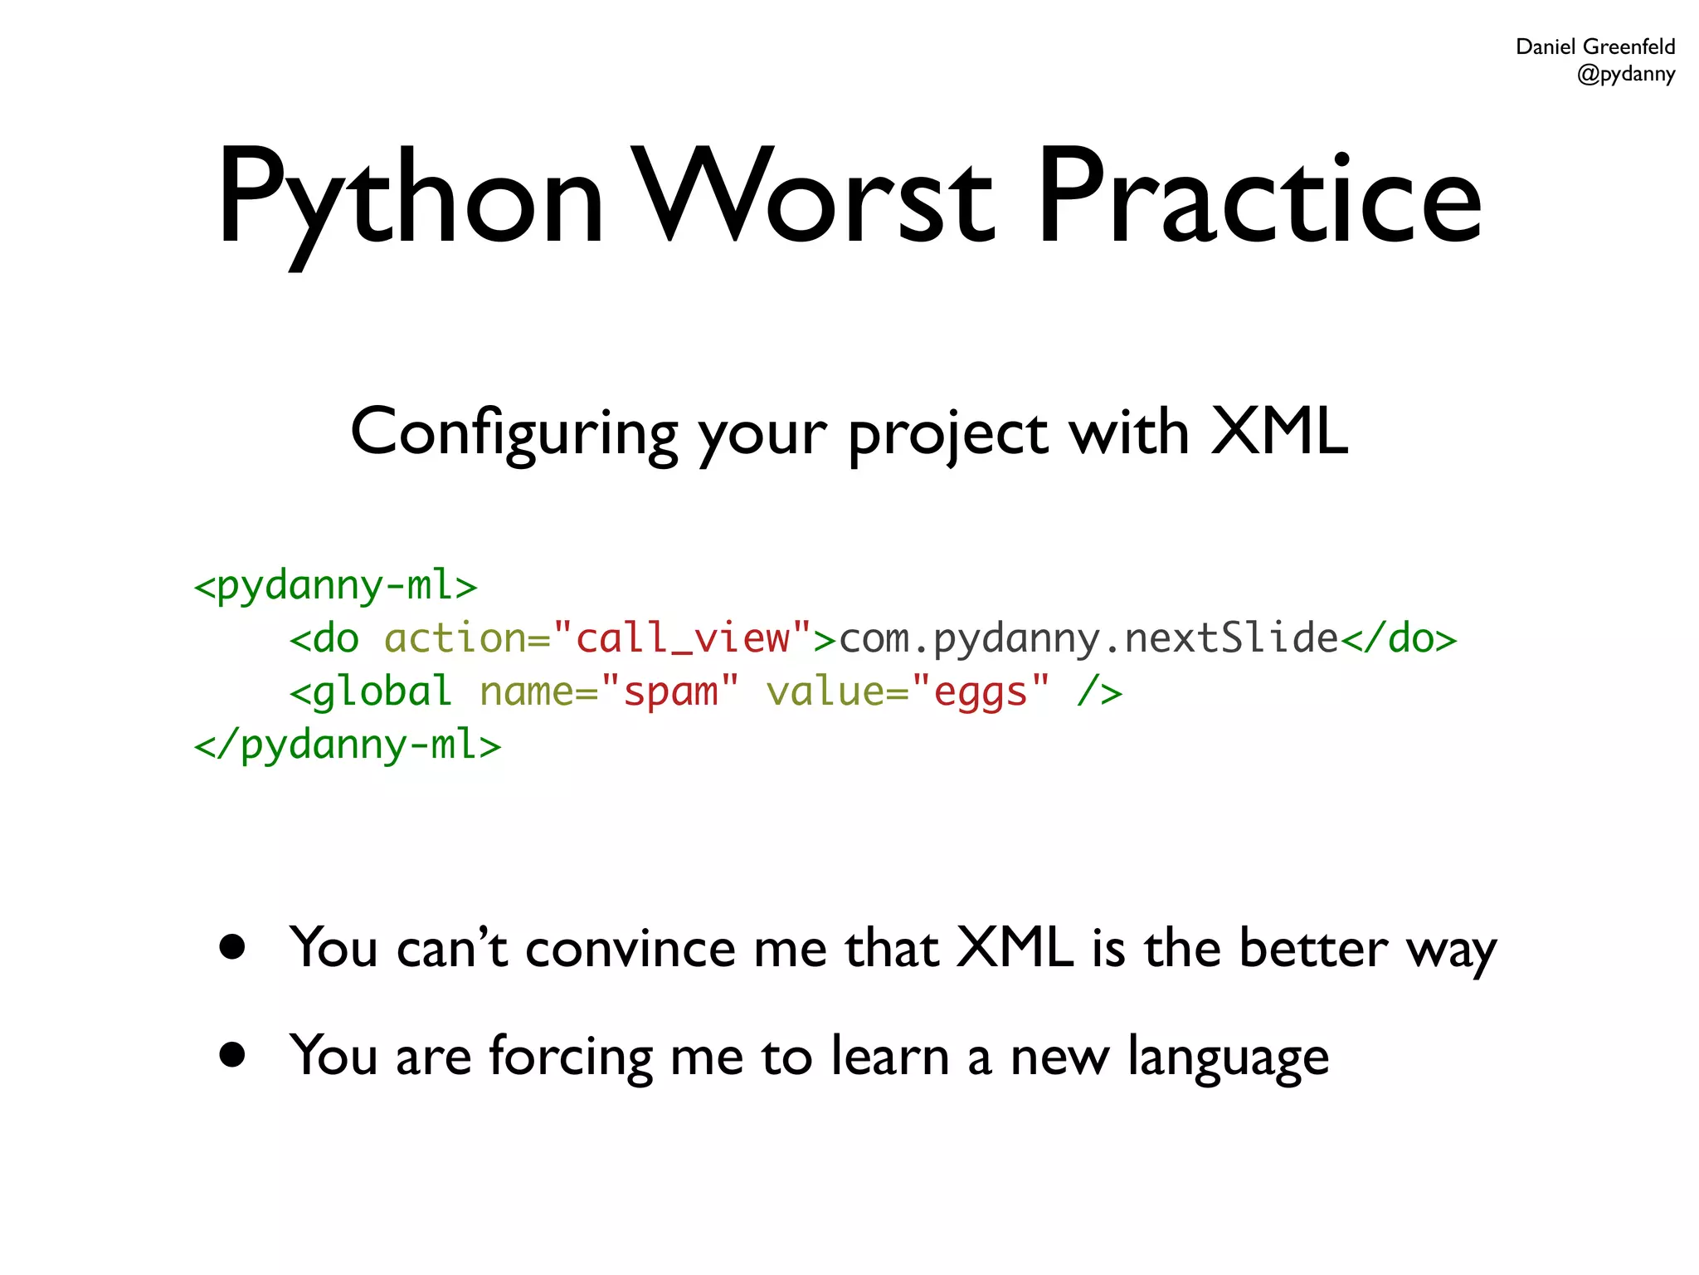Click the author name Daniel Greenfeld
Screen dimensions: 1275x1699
pos(1594,46)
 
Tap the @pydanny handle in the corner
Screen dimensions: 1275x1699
pos(1625,74)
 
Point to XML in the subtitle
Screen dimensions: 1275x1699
pos(1278,431)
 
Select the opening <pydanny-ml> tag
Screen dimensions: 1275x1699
pos(335,585)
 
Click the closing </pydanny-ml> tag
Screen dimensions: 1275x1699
pos(347,745)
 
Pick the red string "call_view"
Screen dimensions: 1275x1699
pos(682,638)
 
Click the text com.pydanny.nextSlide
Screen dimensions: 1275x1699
pos(1088,638)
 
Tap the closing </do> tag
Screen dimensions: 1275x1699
pos(1399,638)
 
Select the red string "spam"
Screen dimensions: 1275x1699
pos(669,691)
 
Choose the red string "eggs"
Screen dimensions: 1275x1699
pos(980,691)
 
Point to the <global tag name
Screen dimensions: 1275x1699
pos(371,691)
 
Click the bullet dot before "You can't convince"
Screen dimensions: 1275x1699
pos(233,947)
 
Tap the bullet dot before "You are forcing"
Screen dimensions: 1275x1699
pos(233,1054)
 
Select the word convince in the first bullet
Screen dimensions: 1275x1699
pos(630,948)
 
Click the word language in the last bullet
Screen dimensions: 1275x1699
pos(1228,1058)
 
